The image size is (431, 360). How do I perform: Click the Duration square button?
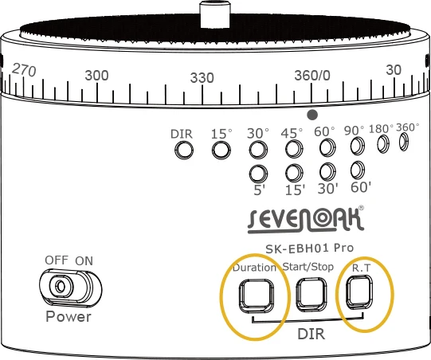click(257, 295)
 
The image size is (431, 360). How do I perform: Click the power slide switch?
click(70, 288)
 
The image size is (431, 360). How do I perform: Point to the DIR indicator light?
click(184, 150)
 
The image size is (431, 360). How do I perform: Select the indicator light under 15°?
click(221, 150)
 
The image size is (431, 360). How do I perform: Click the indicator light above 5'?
click(258, 174)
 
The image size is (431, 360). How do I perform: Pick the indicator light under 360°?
click(403, 142)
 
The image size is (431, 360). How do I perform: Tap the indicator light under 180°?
click(383, 143)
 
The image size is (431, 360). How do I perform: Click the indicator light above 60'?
click(358, 170)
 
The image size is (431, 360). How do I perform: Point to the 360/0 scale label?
click(312, 76)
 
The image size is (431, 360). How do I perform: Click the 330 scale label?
click(202, 78)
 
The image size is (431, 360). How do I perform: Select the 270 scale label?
click(24, 70)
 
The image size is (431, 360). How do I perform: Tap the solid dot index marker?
click(312, 115)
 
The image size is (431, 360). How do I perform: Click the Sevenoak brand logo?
click(306, 220)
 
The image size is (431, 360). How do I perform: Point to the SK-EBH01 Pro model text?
click(309, 248)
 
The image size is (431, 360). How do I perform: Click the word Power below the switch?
click(69, 316)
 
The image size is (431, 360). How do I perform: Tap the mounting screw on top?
click(215, 14)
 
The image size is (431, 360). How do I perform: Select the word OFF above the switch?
click(57, 260)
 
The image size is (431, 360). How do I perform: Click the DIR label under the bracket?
click(311, 334)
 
